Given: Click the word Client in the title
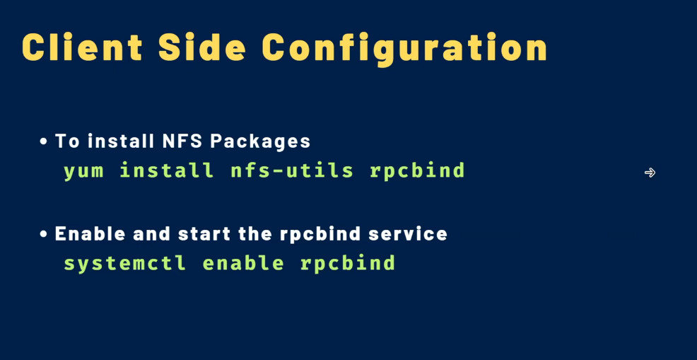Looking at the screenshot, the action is (82, 47).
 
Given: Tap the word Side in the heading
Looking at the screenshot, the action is (201, 47).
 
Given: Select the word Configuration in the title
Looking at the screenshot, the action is (404, 49).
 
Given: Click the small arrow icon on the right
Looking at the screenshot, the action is (650, 173).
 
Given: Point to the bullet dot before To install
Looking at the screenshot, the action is (43, 142).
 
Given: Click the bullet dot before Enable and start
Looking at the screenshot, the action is (43, 234).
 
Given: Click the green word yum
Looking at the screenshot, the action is (83, 172).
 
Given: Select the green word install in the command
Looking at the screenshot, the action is (167, 170).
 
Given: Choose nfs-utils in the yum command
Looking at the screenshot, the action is (292, 170).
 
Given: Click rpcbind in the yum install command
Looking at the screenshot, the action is (417, 171).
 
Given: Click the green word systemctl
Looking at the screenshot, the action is (125, 263).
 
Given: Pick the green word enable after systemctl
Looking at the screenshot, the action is (243, 262).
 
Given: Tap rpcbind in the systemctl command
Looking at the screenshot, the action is (348, 263).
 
